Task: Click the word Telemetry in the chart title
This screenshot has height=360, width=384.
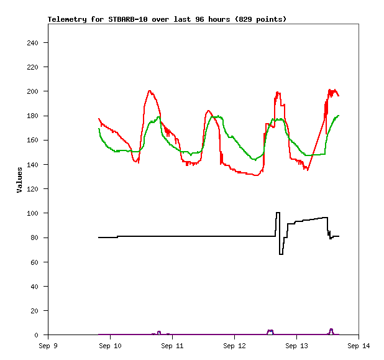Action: click(68, 19)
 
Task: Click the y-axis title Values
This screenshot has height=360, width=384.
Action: click(19, 179)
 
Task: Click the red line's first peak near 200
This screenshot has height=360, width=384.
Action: click(150, 91)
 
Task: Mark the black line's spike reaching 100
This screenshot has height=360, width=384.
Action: click(278, 213)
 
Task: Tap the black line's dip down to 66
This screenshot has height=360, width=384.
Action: click(281, 254)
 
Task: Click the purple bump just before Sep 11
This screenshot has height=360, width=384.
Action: click(159, 332)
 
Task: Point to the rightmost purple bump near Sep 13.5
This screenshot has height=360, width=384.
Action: click(331, 330)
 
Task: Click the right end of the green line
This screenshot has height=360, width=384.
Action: click(339, 115)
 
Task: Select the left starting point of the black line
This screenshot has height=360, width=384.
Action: click(99, 238)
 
